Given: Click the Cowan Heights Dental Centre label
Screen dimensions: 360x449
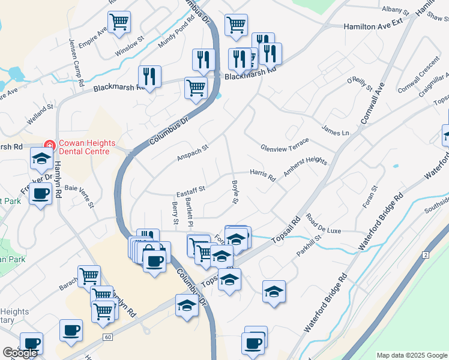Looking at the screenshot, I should pos(83,147).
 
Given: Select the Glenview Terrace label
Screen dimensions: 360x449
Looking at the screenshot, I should pos(285,145).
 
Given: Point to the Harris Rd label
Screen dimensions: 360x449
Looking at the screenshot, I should pos(262,175).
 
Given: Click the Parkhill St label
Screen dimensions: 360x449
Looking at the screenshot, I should pos(309,245).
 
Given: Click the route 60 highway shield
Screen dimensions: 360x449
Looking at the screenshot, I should pos(107,337).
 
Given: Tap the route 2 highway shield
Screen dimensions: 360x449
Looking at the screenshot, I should pos(426,255).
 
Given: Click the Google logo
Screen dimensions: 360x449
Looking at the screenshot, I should pos(20,353).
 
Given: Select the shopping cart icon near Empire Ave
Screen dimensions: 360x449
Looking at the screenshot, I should pos(119,22).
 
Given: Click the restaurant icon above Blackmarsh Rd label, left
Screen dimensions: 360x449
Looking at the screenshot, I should pos(149,76).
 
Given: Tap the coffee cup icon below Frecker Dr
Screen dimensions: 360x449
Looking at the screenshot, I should pos(41,194).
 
